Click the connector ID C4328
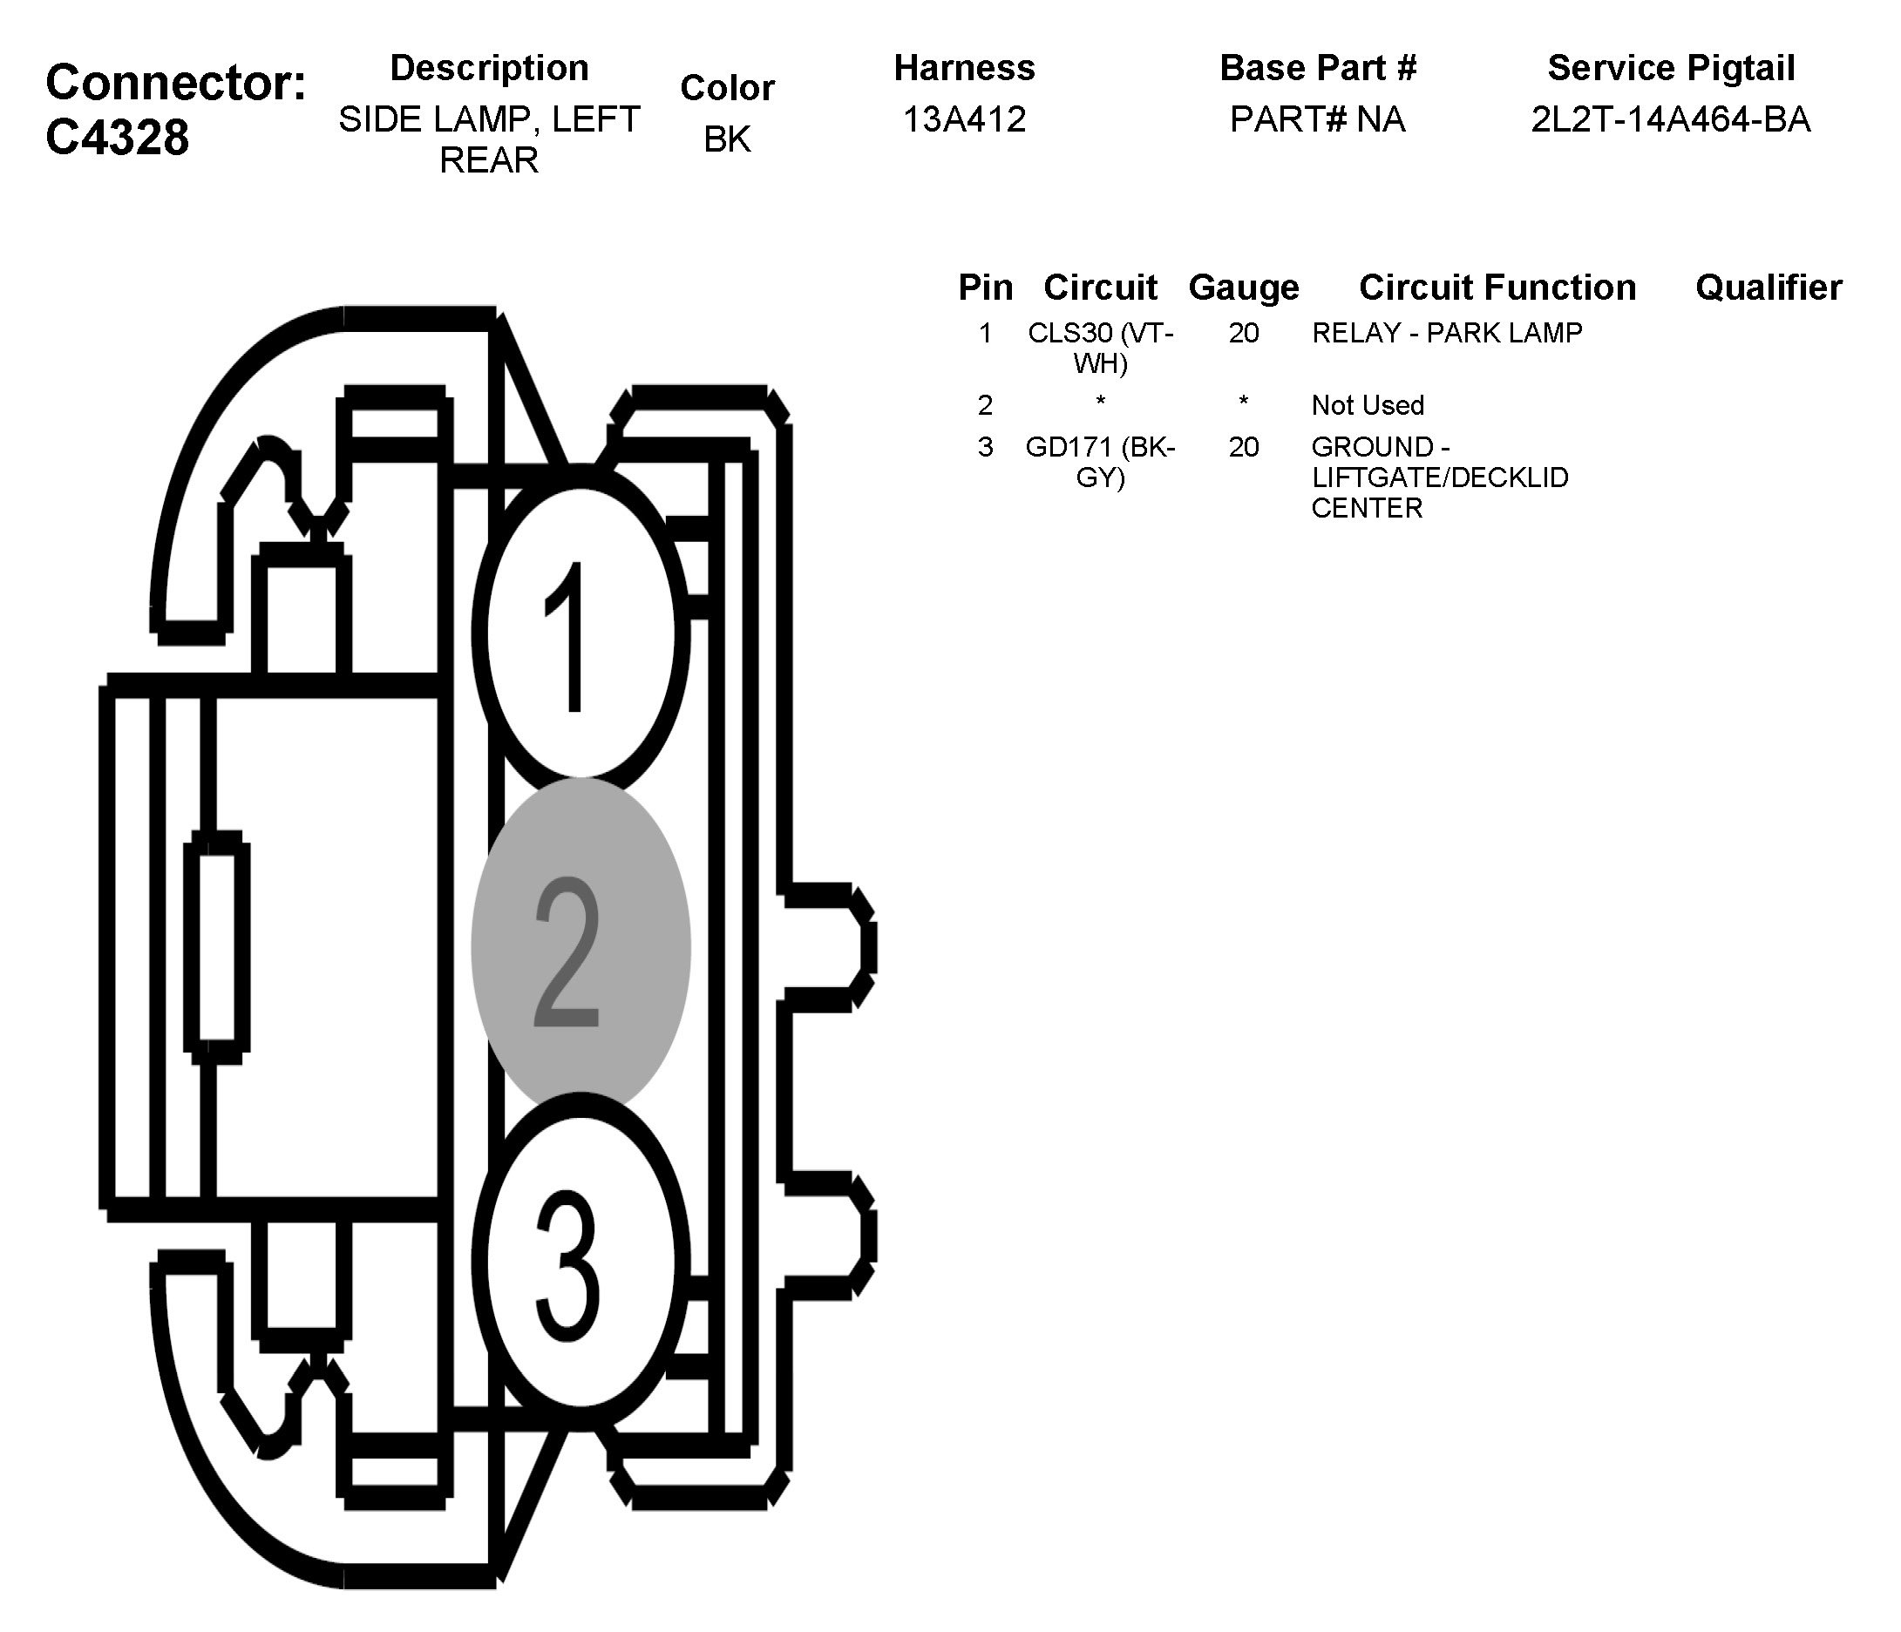click(118, 138)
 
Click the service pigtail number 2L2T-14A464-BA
click(1671, 120)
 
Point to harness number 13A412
click(964, 120)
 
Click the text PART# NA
click(1318, 120)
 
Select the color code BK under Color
click(727, 139)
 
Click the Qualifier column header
click(1768, 288)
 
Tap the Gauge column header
click(1243, 288)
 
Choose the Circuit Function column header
click(1497, 288)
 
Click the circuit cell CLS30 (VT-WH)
click(1100, 348)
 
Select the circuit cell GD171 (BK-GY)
click(1100, 463)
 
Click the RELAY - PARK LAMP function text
click(1447, 333)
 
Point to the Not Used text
click(1367, 405)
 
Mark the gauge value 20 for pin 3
click(1243, 448)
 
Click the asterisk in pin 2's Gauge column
click(1243, 403)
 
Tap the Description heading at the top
click(489, 68)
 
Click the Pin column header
click(985, 288)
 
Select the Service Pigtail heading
click(1671, 68)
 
